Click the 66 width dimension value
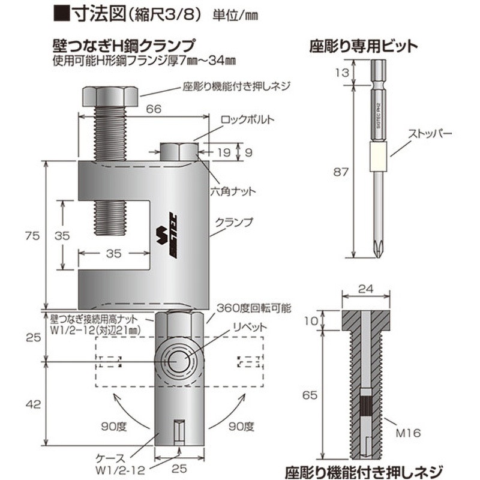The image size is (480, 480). coord(154,109)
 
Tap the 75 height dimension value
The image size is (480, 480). coord(32,236)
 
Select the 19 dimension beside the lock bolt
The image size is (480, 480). coord(223,152)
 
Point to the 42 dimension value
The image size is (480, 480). coord(34,404)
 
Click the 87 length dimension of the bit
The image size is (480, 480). coord(341,172)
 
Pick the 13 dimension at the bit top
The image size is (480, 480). coord(342,73)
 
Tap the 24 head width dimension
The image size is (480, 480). coord(366,289)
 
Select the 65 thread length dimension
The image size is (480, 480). coord(310,395)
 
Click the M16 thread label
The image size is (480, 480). coord(408,433)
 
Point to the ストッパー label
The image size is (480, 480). coord(430,134)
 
